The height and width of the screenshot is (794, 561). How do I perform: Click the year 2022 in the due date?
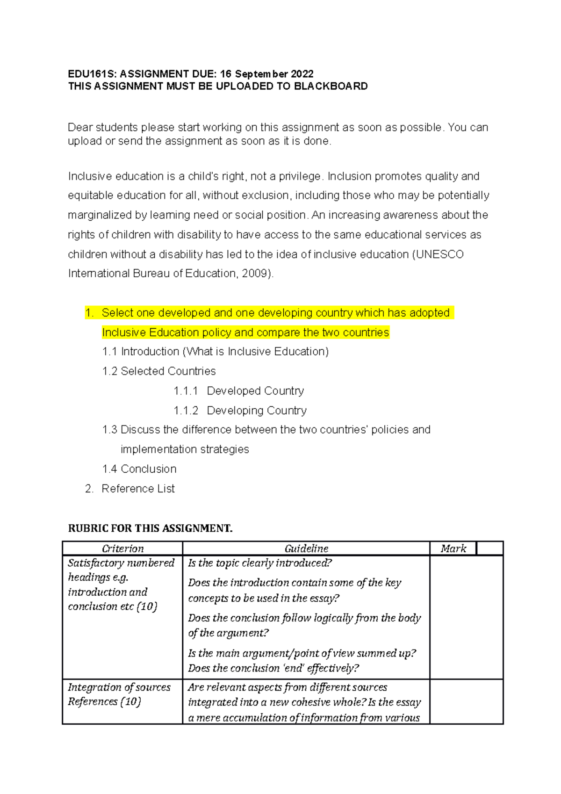(302, 74)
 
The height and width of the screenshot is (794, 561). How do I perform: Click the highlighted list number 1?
(89, 313)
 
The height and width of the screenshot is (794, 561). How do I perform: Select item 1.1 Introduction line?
(215, 352)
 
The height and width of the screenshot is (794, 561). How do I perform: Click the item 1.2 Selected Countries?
(159, 371)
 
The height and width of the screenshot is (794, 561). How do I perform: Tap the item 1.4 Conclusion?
(139, 469)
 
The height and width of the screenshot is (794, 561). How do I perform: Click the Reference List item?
(138, 489)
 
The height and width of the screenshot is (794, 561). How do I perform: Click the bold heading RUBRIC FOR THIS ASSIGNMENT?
(150, 528)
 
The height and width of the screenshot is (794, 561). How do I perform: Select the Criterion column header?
(122, 549)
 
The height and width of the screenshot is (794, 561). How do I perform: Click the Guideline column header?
(306, 549)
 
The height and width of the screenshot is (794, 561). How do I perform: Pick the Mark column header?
(453, 549)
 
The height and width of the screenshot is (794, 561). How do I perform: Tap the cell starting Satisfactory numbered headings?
(121, 585)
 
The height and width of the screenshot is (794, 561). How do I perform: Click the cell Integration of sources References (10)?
(119, 694)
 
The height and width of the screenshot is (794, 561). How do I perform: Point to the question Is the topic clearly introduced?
(260, 563)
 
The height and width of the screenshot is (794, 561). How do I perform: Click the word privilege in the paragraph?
(300, 177)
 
